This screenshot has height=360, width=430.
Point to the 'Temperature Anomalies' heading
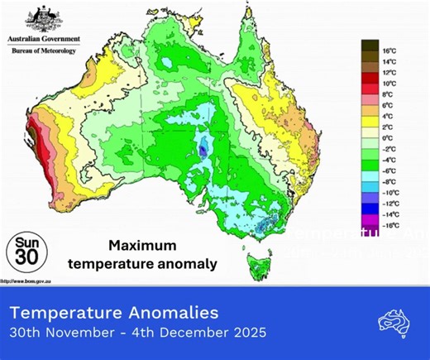pos(114,313)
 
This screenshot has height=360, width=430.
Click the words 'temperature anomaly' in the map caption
pos(157,264)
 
